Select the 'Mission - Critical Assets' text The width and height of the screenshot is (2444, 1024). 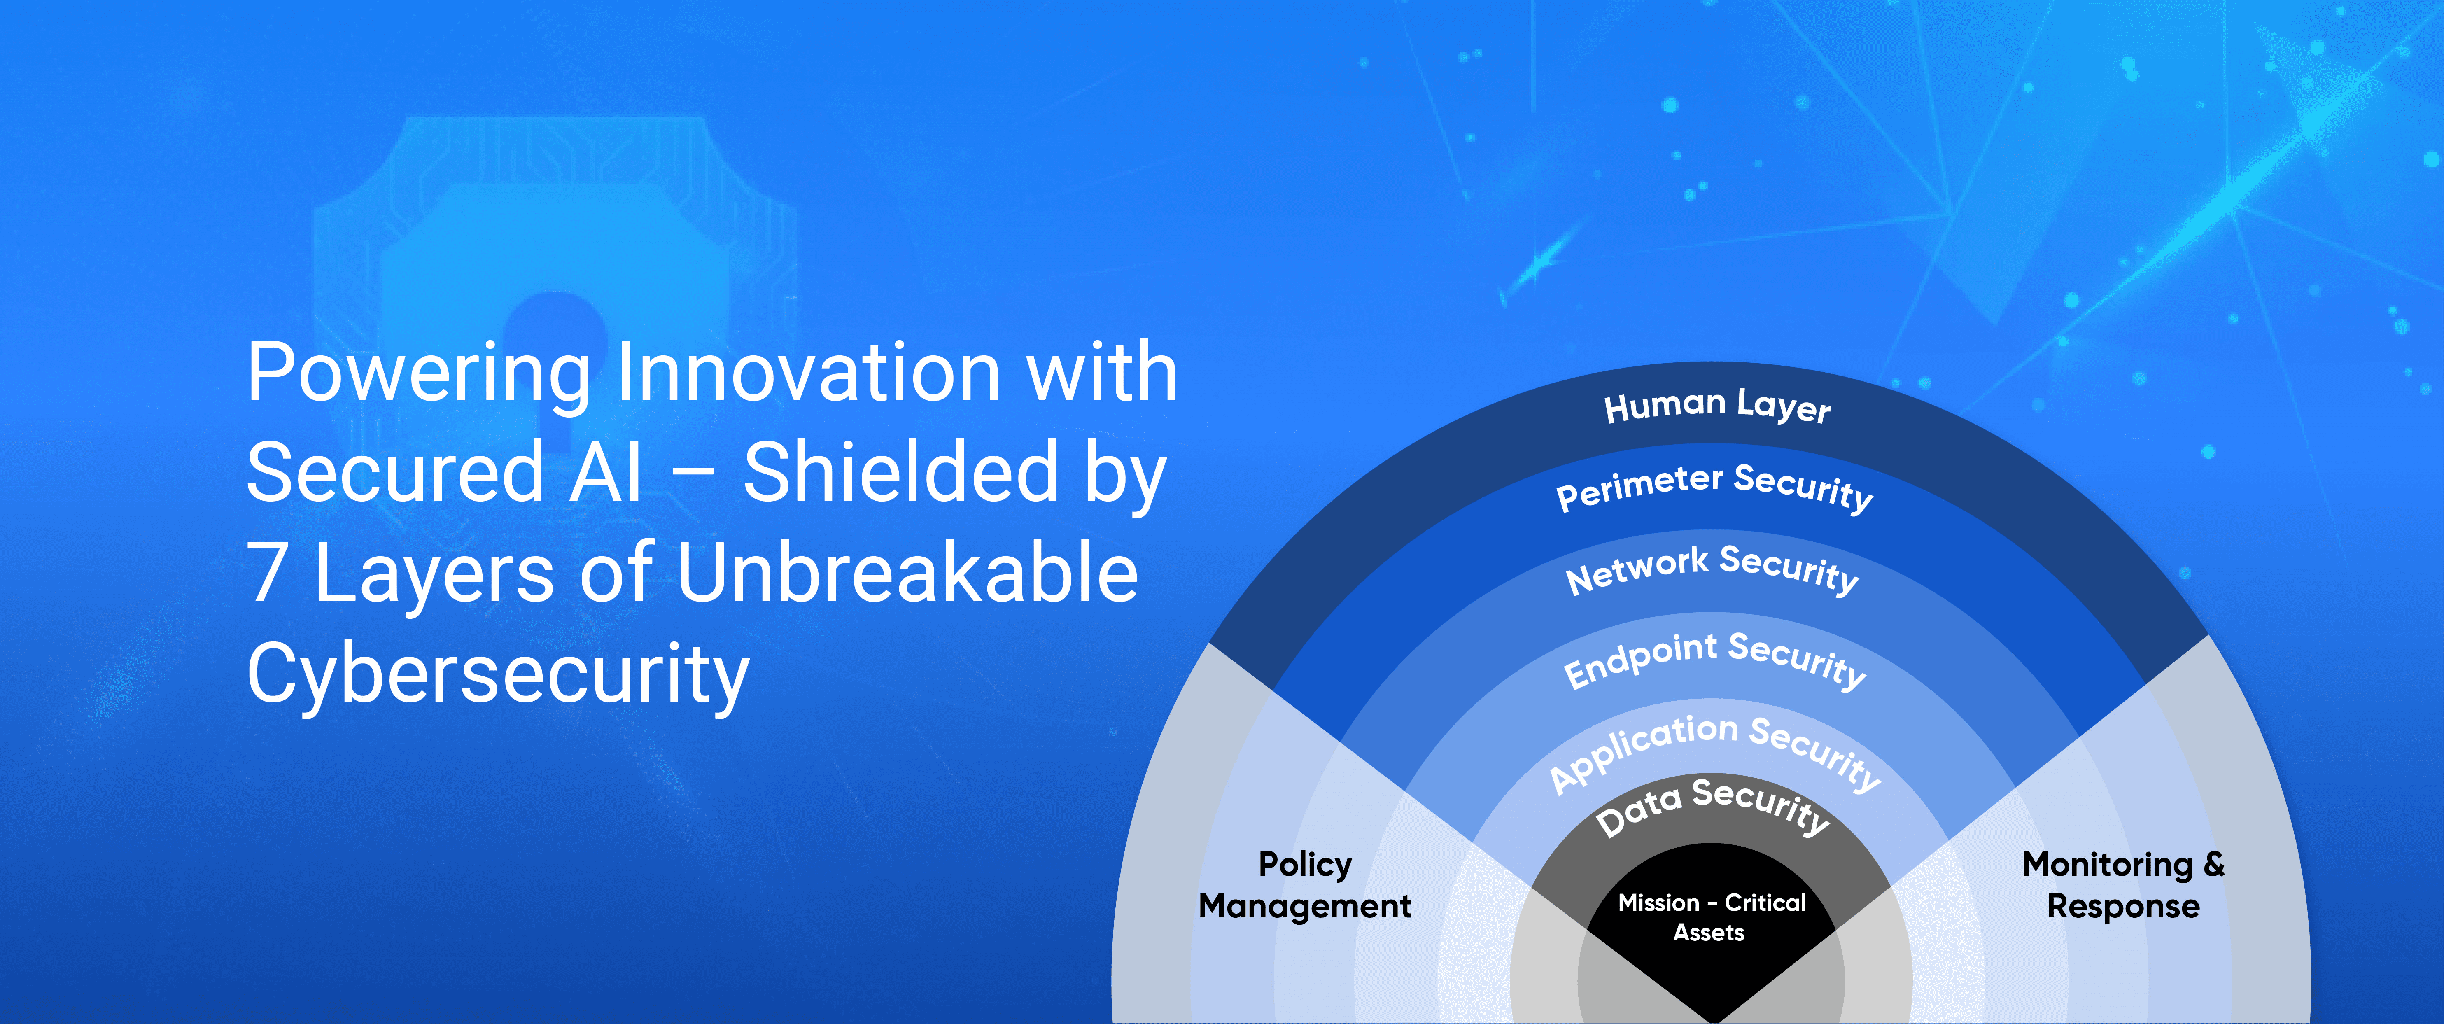tap(1711, 917)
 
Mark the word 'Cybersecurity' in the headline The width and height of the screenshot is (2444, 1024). tap(498, 674)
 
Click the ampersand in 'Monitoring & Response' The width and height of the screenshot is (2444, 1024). tap(2213, 863)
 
